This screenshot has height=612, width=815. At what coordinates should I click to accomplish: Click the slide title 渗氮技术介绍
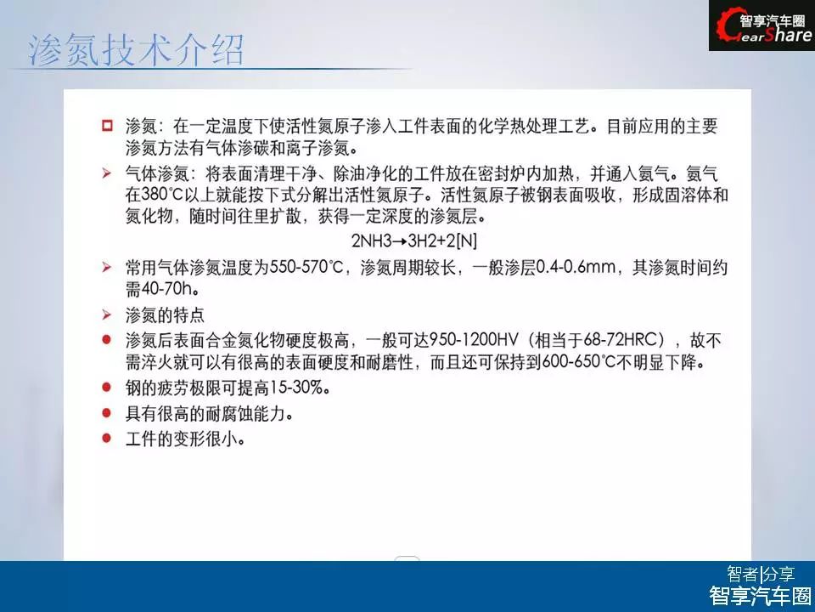(136, 50)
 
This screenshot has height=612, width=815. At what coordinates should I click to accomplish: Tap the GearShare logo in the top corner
(762, 26)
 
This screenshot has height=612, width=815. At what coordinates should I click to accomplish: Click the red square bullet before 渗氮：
(107, 126)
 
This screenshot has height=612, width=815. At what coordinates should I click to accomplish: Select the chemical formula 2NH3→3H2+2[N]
(414, 241)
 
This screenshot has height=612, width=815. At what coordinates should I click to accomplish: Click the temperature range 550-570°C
(306, 268)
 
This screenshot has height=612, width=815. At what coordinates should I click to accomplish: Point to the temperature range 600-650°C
(579, 361)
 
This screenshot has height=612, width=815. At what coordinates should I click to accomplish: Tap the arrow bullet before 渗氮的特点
(107, 314)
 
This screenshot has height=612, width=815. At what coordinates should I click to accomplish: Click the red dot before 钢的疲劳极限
(107, 388)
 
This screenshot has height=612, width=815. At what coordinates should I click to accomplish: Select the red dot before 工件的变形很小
(107, 439)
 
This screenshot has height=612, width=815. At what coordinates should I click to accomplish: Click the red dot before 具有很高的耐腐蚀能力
(107, 413)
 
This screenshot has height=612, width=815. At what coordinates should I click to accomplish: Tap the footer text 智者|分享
(761, 575)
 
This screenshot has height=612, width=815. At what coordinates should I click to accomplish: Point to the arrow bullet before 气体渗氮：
(107, 173)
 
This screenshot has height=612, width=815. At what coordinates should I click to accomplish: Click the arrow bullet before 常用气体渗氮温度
(107, 268)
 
